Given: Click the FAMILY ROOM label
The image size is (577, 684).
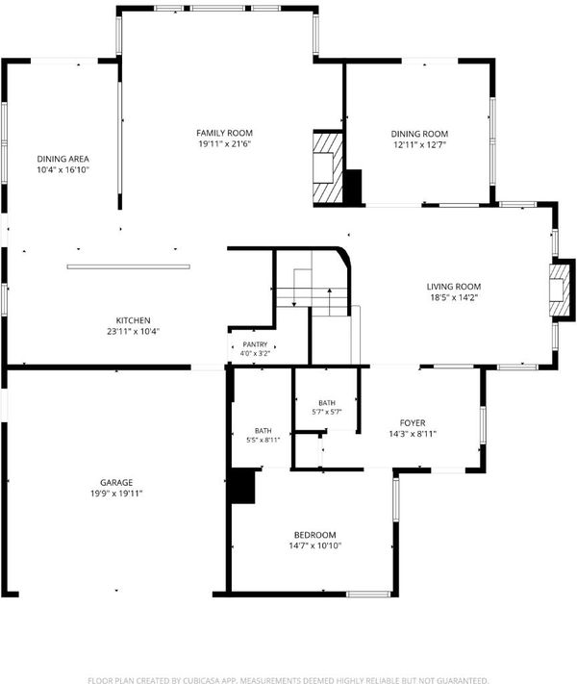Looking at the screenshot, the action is click(x=224, y=133).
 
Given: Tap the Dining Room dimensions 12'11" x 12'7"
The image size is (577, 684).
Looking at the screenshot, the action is click(x=419, y=145).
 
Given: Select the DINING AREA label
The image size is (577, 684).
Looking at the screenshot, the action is click(x=63, y=159).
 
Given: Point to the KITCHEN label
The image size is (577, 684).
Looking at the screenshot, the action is click(x=133, y=320).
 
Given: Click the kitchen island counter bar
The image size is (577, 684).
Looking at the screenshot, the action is click(x=128, y=266).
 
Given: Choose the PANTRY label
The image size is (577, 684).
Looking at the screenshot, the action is click(x=255, y=344).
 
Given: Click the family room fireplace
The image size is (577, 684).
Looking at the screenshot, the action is click(x=328, y=167).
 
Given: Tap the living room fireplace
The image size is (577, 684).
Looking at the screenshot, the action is click(x=560, y=290).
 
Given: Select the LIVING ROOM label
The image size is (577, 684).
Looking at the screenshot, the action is click(x=454, y=287).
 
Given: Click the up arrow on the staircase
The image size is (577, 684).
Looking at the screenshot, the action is click(x=330, y=301).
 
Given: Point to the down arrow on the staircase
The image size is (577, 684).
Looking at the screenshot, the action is click(x=294, y=288).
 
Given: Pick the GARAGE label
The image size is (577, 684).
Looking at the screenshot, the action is click(x=116, y=483).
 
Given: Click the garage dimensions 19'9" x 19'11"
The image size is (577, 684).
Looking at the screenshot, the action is click(x=116, y=494).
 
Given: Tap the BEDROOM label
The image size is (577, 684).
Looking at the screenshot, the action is click(x=314, y=535).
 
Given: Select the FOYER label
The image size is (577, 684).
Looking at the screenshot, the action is click(x=413, y=422).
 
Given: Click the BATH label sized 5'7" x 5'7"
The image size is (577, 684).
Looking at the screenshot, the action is click(x=327, y=403).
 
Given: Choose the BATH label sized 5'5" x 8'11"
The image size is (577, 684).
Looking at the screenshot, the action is click(x=263, y=431).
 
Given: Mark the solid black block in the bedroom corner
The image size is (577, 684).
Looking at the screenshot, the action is click(x=242, y=486).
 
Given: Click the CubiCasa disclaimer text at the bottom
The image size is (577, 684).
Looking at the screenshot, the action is click(x=288, y=680).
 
